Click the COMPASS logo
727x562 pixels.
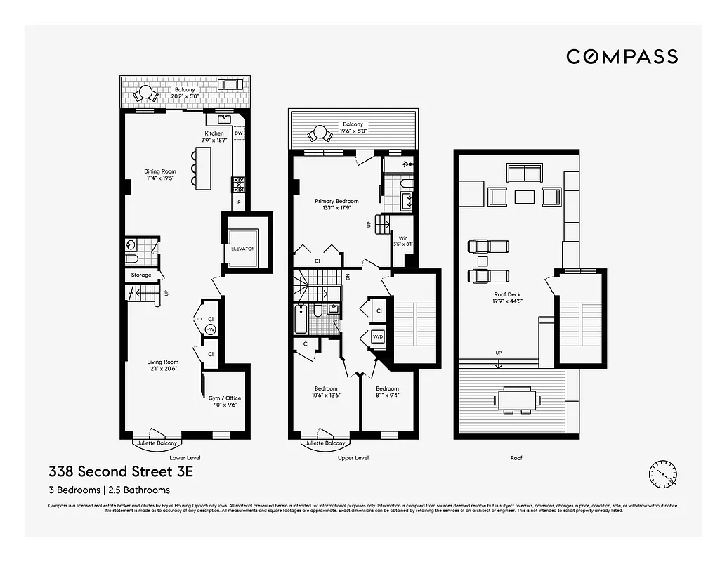[x=622, y=57]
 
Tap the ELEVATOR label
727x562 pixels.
[x=242, y=249]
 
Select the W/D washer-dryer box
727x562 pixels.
[x=378, y=336]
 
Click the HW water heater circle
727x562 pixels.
[x=210, y=329]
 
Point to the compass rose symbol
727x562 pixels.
[x=662, y=473]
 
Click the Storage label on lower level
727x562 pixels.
[x=140, y=275]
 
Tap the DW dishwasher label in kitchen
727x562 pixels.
[x=238, y=133]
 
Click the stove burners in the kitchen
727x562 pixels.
[x=238, y=184]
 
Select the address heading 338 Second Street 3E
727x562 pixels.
[x=120, y=471]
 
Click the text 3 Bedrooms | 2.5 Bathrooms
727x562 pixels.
[x=109, y=490]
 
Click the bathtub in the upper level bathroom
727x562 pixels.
[x=299, y=320]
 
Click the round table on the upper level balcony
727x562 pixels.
[x=320, y=133]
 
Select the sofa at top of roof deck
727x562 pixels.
[x=524, y=172]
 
